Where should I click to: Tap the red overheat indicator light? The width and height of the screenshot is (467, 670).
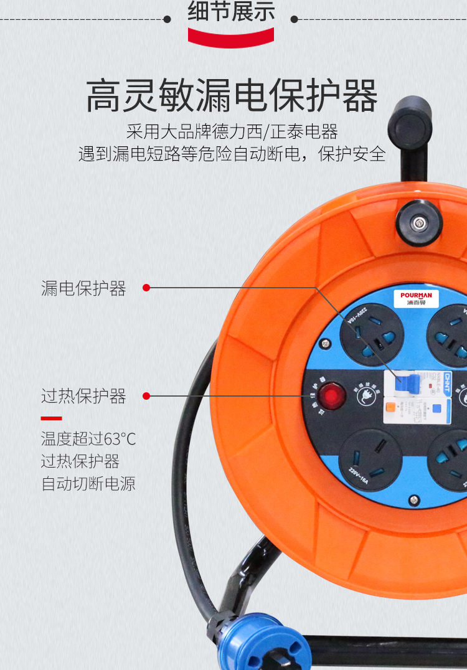332,396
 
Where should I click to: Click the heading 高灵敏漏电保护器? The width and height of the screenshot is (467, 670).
232,96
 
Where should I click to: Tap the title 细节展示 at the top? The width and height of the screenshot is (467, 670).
231,12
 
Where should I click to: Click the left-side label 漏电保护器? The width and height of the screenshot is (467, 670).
83,288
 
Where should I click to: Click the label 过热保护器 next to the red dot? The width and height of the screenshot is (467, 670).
83,396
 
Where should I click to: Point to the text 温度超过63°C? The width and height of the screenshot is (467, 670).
88,439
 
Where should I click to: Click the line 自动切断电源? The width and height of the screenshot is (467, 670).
88,484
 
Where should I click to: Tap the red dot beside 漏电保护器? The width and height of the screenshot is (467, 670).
146,288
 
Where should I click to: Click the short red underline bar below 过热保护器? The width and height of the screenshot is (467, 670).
51,418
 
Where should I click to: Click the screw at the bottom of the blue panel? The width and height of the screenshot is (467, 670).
414,499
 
